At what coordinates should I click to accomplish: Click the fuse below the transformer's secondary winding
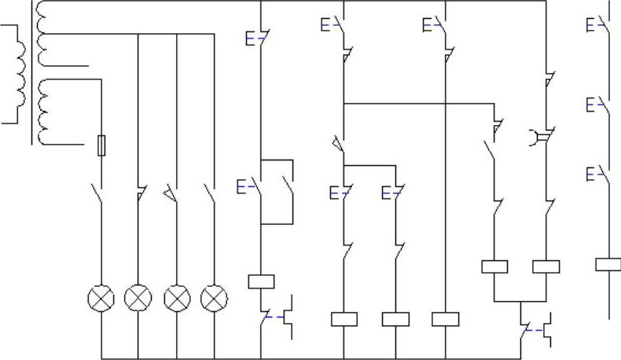[101, 145]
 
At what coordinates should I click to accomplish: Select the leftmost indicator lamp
[101, 298]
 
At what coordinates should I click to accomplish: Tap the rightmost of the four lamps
[215, 298]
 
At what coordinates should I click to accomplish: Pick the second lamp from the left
[138, 298]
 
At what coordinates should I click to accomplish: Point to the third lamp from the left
[177, 298]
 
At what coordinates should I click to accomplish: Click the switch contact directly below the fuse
[97, 193]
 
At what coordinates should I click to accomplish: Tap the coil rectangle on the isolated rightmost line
[608, 264]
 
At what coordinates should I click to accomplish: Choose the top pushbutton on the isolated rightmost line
[602, 24]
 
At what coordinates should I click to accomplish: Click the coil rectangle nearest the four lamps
[260, 281]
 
